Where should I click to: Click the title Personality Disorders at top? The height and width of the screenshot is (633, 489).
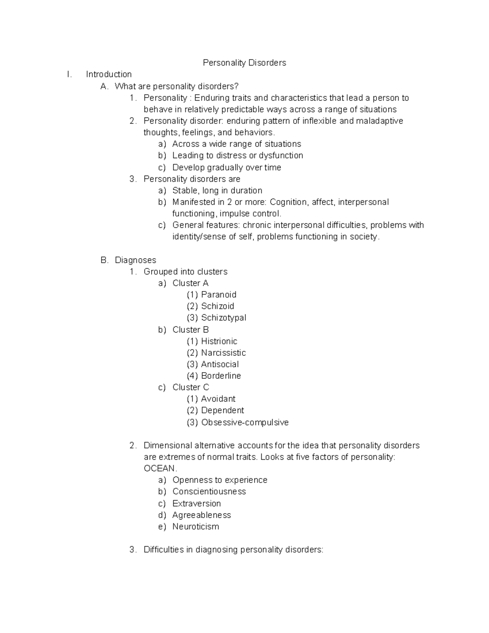click(244, 63)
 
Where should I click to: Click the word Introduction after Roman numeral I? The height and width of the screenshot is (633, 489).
click(109, 74)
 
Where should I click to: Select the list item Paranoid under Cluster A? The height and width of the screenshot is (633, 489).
click(218, 294)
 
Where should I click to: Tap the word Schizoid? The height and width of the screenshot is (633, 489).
click(218, 306)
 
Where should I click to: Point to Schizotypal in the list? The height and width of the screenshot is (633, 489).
click(223, 318)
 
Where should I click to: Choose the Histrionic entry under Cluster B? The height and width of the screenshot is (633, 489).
click(219, 341)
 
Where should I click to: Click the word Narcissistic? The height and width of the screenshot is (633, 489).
click(223, 353)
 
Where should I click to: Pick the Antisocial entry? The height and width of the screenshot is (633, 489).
click(220, 364)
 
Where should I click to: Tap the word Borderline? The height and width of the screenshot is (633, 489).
click(221, 376)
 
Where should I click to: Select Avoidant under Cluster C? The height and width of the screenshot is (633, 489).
click(218, 399)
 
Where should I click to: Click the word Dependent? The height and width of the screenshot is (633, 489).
click(222, 410)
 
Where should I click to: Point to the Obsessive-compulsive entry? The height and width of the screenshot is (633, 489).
click(244, 422)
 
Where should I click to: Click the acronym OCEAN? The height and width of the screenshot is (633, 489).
click(159, 468)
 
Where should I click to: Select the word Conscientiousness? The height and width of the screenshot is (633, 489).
click(209, 492)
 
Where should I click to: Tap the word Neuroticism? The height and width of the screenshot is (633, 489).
click(196, 527)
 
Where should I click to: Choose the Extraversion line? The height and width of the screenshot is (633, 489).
click(196, 503)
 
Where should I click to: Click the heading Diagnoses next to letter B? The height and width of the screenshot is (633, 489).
click(135, 260)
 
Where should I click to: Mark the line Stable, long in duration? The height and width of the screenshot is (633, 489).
click(217, 190)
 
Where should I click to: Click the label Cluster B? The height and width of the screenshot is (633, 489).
click(190, 329)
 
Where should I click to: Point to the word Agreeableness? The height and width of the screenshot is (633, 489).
click(201, 515)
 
